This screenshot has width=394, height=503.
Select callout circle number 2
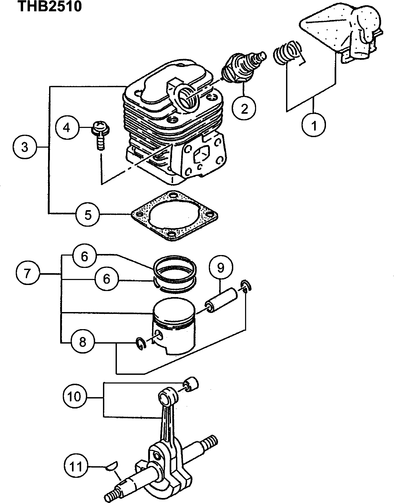click(244, 108)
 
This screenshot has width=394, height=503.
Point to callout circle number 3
click(25, 147)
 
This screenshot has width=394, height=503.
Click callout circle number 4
click(67, 128)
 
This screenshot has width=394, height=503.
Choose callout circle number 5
click(88, 215)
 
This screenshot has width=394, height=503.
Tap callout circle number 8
click(82, 342)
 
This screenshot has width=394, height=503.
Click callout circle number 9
click(221, 268)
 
